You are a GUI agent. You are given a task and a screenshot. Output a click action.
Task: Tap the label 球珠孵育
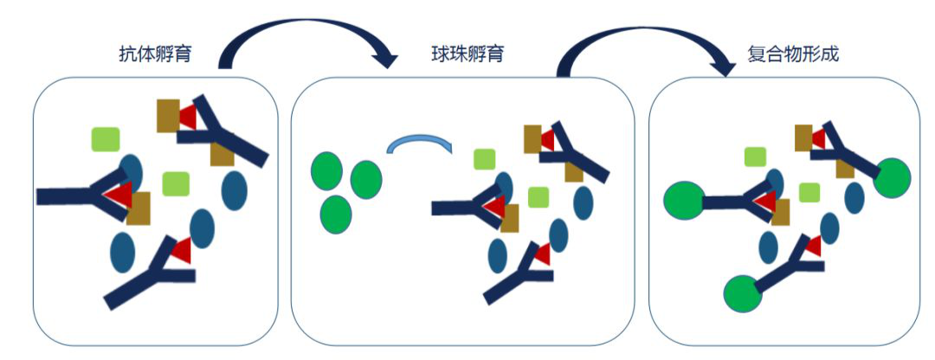pyautogui.click(x=467, y=55)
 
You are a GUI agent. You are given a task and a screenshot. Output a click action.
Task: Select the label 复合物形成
pyautogui.click(x=793, y=55)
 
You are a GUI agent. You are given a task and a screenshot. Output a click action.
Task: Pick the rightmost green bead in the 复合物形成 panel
pyautogui.click(x=893, y=177)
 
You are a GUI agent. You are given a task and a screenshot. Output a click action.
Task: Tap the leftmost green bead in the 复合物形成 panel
pyautogui.click(x=683, y=201)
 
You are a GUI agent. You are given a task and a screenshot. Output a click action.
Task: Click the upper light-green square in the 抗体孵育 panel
pyautogui.click(x=106, y=139)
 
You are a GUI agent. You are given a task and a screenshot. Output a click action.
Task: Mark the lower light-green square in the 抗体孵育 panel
pyautogui.click(x=176, y=183)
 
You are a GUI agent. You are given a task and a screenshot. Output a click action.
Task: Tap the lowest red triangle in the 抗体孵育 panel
pyautogui.click(x=181, y=251)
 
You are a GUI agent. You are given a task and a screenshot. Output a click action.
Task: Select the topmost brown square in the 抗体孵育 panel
pyautogui.click(x=168, y=116)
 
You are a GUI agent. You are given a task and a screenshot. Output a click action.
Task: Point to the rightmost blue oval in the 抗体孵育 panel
pyautogui.click(x=235, y=190)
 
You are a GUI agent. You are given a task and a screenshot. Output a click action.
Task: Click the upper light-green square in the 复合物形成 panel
pyautogui.click(x=755, y=157)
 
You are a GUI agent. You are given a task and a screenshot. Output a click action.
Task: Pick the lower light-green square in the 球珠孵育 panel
pyautogui.click(x=538, y=197)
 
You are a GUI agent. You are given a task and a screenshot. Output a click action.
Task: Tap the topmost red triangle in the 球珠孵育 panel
pyautogui.click(x=546, y=139)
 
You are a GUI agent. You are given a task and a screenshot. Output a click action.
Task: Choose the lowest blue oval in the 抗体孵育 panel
pyautogui.click(x=123, y=252)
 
